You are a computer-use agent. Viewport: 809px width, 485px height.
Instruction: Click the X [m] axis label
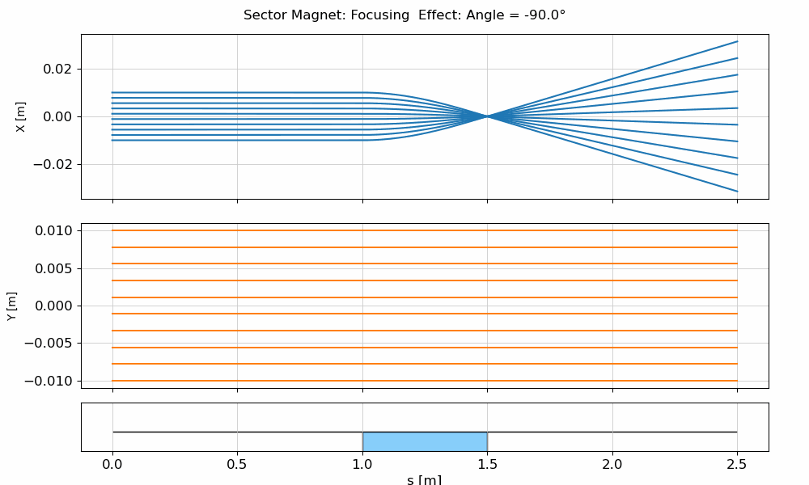tap(20, 116)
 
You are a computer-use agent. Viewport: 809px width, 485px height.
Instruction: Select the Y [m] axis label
tap(11, 306)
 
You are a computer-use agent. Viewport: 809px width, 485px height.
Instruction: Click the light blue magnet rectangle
tap(425, 441)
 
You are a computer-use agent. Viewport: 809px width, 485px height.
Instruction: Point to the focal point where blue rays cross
tap(487, 116)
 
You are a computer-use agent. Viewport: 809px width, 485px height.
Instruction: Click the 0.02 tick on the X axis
tap(58, 70)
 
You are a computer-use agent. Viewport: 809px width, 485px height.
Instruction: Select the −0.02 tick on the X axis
tap(54, 164)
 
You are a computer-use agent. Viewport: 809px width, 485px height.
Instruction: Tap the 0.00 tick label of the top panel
tap(58, 116)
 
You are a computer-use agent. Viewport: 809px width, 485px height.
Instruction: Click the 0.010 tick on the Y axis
tap(55, 231)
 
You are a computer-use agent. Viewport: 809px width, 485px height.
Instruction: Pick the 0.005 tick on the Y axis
tap(55, 268)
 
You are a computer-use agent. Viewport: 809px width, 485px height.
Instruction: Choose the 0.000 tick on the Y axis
tap(55, 306)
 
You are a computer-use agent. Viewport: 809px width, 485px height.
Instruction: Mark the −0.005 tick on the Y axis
tap(51, 344)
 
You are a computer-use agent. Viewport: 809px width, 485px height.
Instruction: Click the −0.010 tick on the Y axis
tap(51, 381)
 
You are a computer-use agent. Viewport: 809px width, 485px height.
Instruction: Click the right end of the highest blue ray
tap(736, 41)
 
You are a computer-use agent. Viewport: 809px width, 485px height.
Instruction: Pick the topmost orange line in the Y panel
tap(425, 230)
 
